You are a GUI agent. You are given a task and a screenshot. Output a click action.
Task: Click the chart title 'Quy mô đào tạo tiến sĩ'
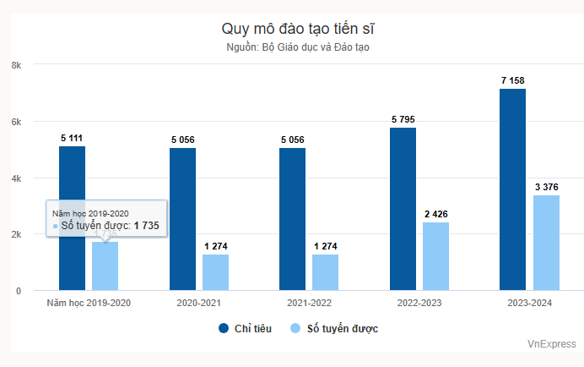[292, 30]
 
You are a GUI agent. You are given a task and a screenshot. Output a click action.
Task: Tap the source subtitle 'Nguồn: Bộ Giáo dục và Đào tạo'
[292, 47]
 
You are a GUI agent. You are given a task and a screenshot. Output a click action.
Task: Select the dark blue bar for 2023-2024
[512, 189]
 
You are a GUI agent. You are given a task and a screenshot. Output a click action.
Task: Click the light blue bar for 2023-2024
[546, 243]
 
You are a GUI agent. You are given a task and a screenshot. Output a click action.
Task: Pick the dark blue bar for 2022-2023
[403, 209]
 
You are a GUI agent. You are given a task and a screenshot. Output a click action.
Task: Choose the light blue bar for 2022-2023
[435, 256]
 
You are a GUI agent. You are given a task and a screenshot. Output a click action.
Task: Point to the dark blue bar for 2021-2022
[292, 219]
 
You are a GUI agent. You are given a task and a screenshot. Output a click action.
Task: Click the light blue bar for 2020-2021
[215, 272]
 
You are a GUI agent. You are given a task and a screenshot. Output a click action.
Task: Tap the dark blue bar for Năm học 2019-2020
[72, 218]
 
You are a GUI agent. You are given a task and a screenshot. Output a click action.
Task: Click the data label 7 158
[512, 80]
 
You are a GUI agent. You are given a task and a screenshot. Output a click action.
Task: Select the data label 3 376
[546, 187]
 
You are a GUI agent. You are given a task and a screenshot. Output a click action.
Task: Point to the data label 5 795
[403, 119]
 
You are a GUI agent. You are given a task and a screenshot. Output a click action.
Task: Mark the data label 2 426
[435, 214]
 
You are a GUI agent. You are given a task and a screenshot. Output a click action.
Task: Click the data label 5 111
[72, 138]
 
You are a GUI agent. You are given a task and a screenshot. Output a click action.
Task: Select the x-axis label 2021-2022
[292, 302]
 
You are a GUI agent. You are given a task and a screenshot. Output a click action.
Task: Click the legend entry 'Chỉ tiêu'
[246, 328]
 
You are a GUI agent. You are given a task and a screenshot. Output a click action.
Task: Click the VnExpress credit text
[551, 344]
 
